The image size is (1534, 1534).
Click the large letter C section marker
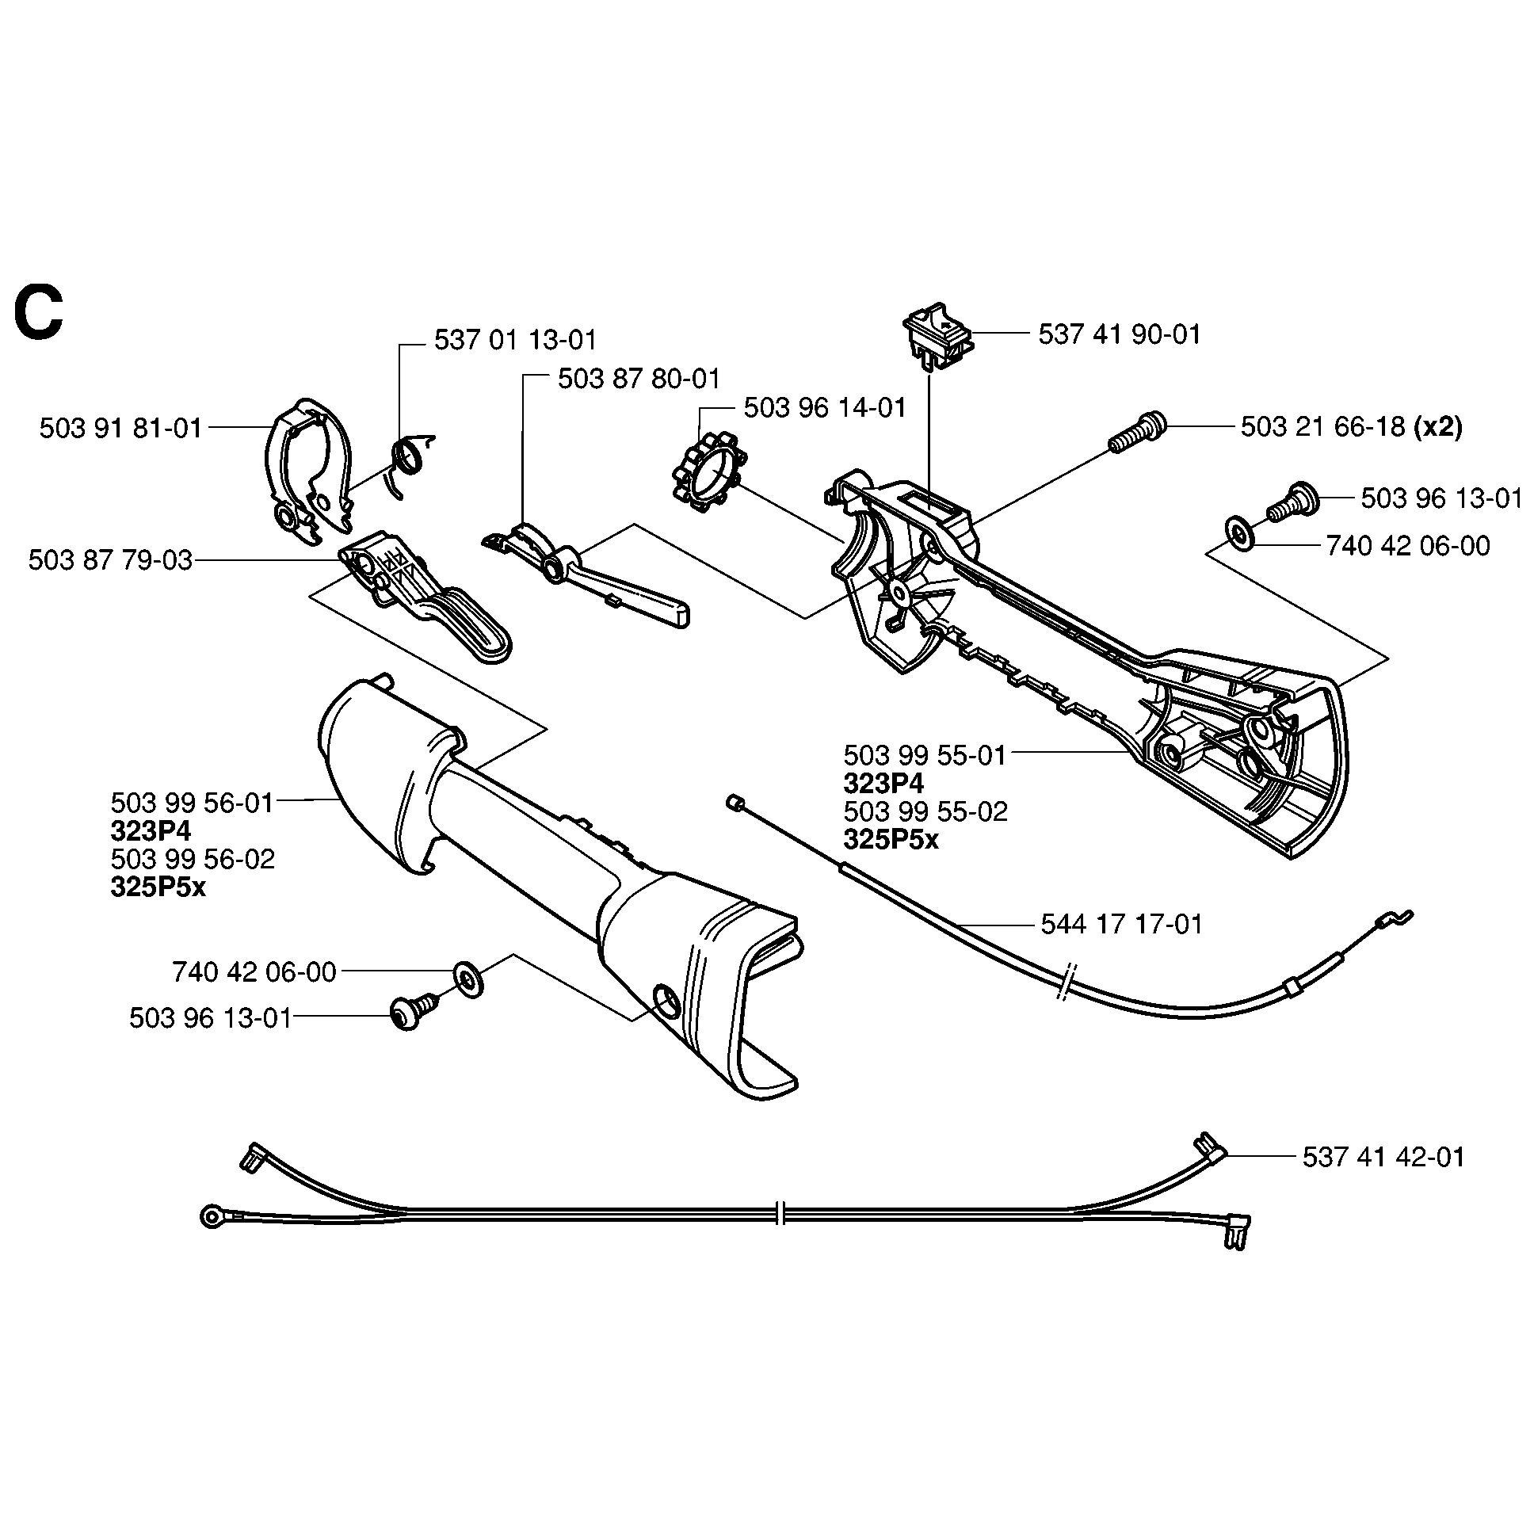coord(38,315)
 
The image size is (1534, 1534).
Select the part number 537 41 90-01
coord(1119,334)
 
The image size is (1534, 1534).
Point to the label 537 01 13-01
coord(514,341)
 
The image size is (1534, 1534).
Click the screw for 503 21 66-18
coord(1137,432)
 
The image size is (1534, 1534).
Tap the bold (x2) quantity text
coord(1437,427)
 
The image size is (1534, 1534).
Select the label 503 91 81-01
coord(120,429)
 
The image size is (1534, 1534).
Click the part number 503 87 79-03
coord(109,560)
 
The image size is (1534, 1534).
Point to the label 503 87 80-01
coord(639,379)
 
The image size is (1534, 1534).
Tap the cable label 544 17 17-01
coord(1121,924)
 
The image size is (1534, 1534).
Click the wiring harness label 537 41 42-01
coord(1383,1157)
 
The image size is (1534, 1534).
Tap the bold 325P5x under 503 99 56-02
coord(158,887)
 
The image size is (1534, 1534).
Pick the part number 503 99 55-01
coord(924,755)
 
